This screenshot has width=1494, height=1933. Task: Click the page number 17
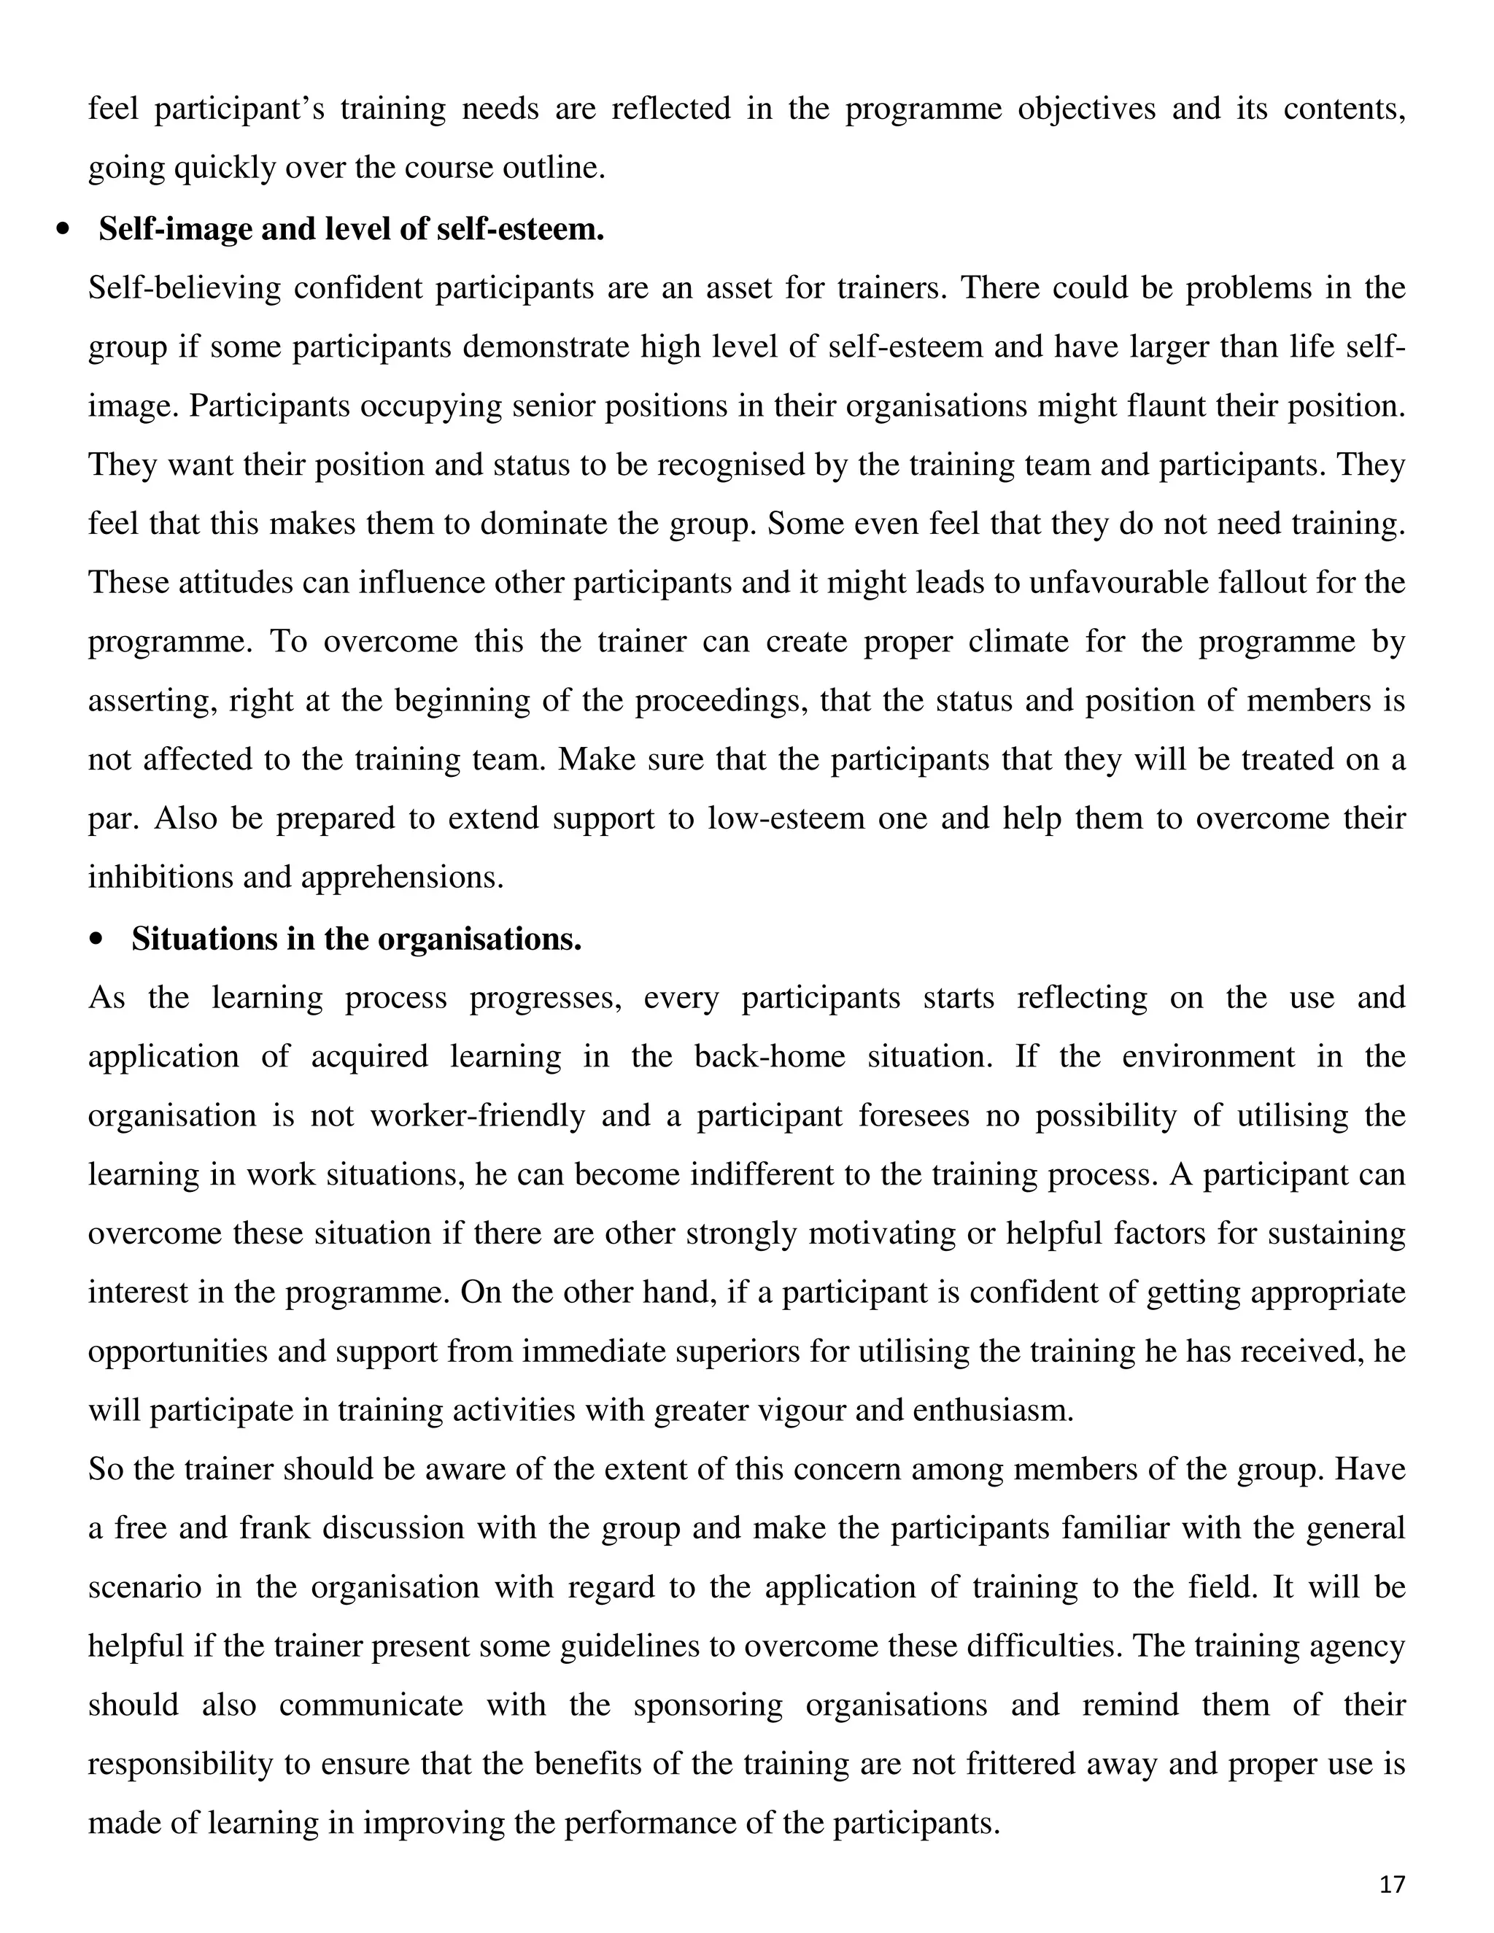1391,1883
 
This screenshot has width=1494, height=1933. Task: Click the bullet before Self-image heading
62,230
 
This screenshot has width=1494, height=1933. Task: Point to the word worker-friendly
478,1116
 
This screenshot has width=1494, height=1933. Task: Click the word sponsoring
708,1705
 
